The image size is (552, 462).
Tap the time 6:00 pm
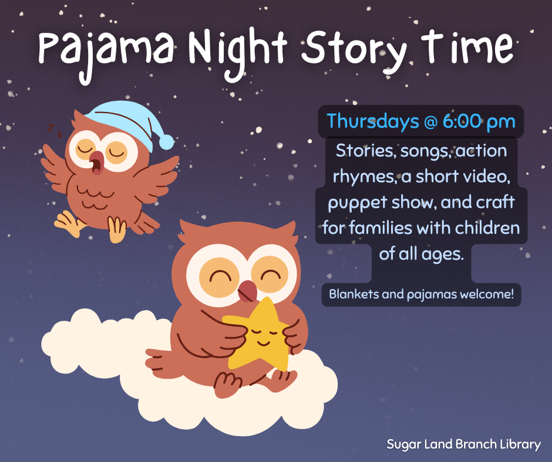click(x=479, y=121)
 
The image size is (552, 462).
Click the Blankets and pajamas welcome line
click(x=421, y=294)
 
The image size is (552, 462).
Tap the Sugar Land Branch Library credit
click(x=463, y=444)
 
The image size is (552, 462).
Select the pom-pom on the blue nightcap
click(x=167, y=142)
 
